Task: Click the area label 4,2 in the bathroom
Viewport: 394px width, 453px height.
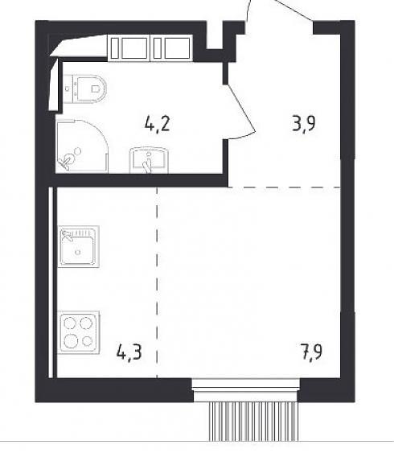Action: pyautogui.click(x=157, y=125)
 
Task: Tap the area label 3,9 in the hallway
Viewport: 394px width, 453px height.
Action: pyautogui.click(x=304, y=124)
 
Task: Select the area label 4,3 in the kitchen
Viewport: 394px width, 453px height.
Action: pyautogui.click(x=129, y=352)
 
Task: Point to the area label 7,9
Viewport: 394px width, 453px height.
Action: pyautogui.click(x=311, y=352)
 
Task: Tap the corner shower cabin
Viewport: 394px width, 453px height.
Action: pyautogui.click(x=82, y=146)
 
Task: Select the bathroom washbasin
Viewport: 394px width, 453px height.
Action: pyautogui.click(x=149, y=160)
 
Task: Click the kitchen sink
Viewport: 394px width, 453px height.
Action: pyautogui.click(x=79, y=246)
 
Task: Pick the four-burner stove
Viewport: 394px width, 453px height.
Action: pyautogui.click(x=79, y=332)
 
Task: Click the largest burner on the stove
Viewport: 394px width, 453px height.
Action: pyautogui.click(x=70, y=341)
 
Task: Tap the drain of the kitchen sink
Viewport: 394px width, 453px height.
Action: pyautogui.click(x=78, y=252)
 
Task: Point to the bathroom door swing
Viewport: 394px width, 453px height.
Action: pyautogui.click(x=240, y=112)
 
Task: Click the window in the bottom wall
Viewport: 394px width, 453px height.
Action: pyautogui.click(x=246, y=390)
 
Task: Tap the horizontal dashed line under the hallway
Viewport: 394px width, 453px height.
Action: pyautogui.click(x=284, y=187)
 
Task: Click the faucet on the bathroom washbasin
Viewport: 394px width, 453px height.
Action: pyautogui.click(x=148, y=163)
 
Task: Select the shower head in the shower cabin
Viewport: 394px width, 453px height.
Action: pyautogui.click(x=78, y=150)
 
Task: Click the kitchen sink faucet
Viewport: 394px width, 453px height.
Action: pyautogui.click(x=67, y=235)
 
